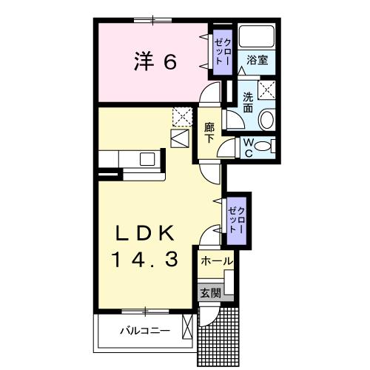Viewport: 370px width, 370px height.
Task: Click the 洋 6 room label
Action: (x=155, y=62)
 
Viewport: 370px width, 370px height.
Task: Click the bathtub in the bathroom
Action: (x=257, y=36)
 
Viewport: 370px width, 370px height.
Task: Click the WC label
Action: (x=249, y=147)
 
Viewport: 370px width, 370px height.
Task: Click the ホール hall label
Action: (x=216, y=261)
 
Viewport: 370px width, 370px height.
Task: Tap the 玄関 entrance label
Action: (x=210, y=292)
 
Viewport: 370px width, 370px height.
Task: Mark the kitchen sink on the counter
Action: (x=147, y=158)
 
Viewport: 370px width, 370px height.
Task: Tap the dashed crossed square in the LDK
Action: (x=181, y=115)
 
